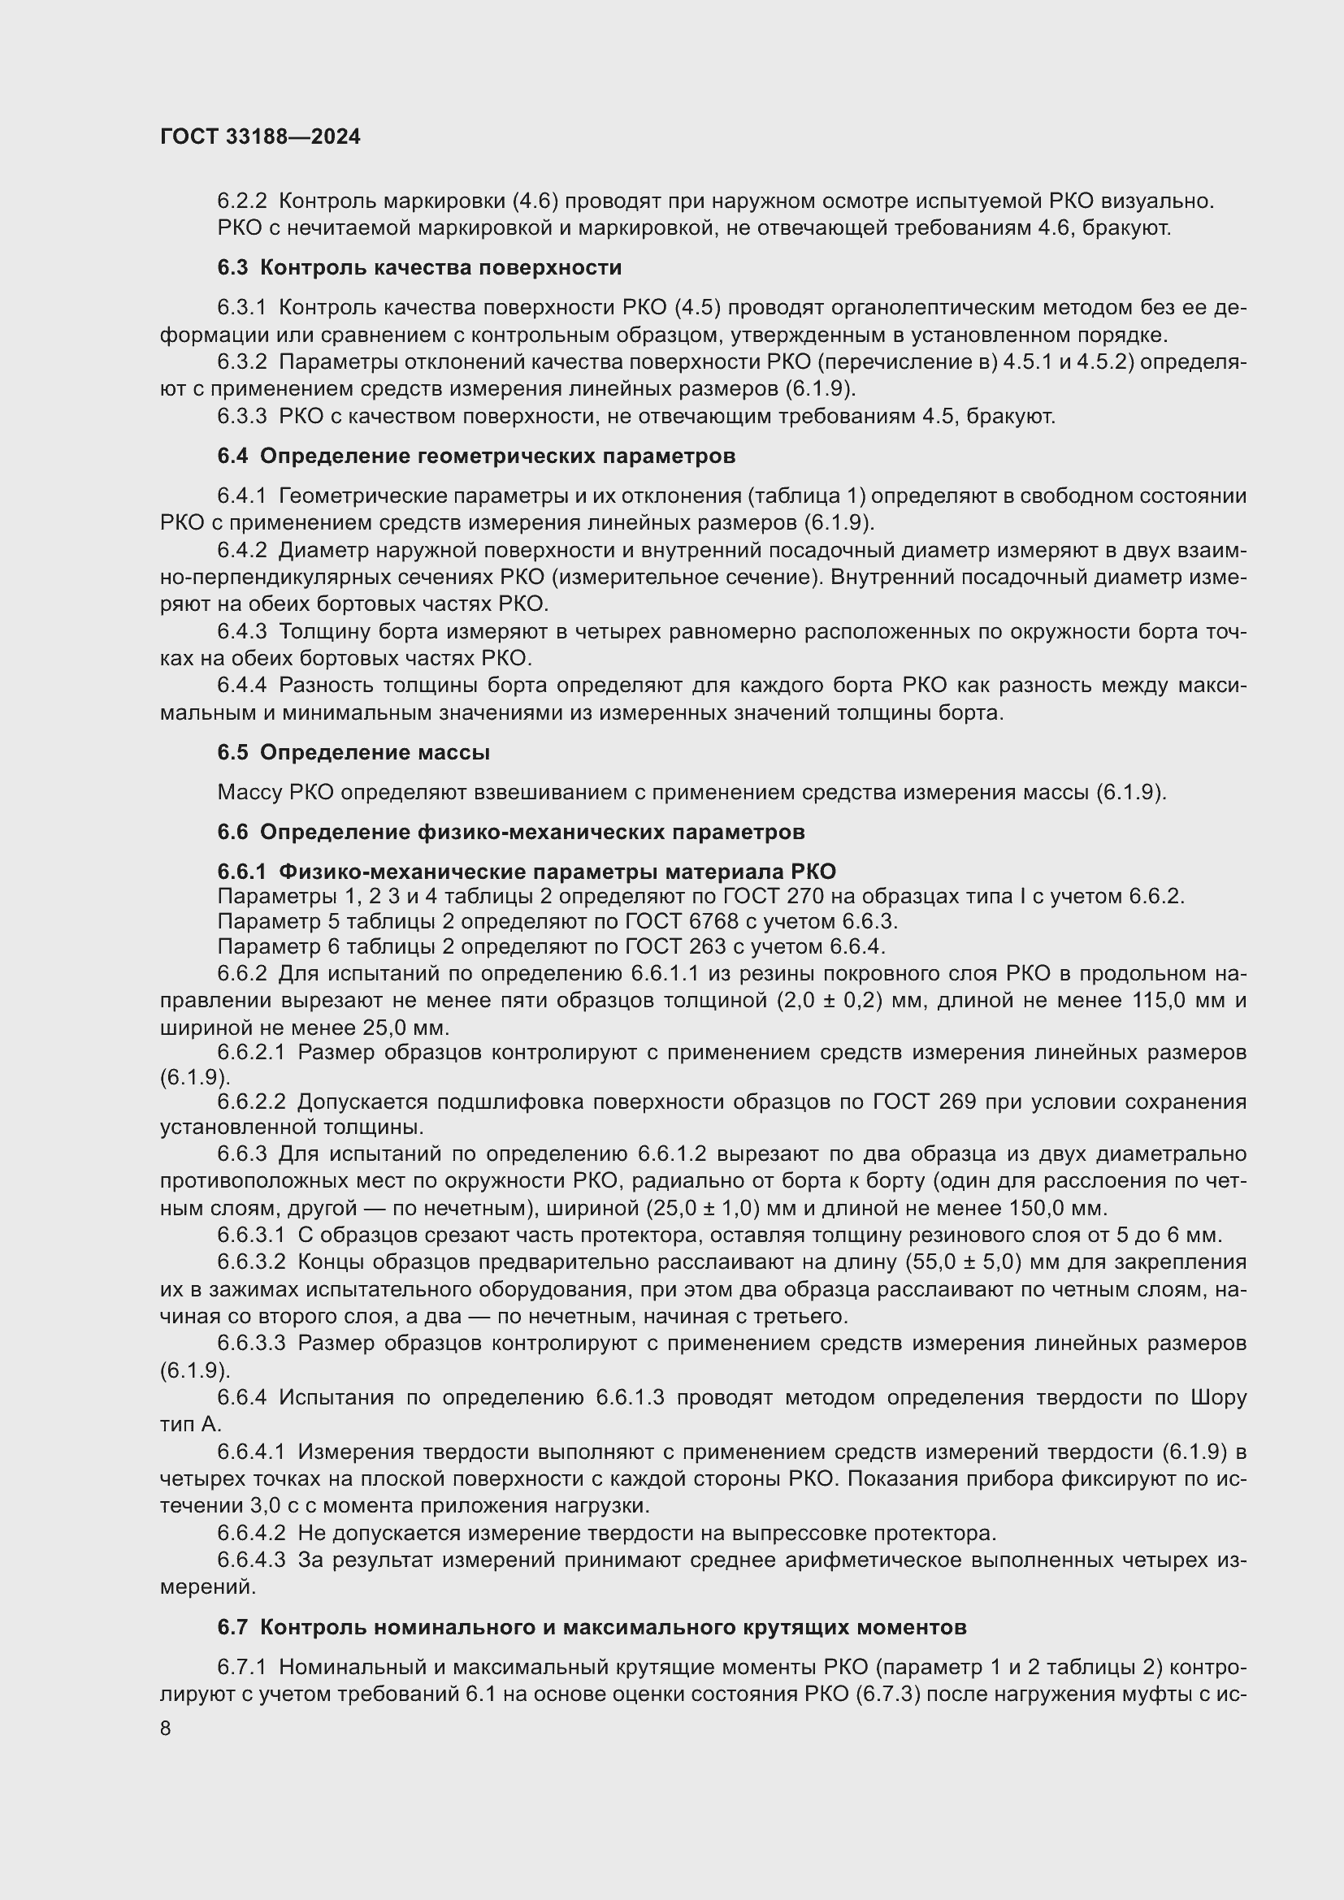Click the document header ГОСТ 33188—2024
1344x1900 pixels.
click(x=260, y=137)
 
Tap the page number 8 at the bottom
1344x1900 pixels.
click(x=166, y=1728)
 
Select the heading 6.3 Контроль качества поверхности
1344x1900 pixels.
click(x=418, y=267)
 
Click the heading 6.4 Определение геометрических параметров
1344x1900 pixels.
click(x=476, y=456)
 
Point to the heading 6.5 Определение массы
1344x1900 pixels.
click(x=353, y=752)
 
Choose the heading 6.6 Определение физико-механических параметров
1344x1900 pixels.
click(x=510, y=832)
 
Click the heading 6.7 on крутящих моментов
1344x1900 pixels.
click(x=592, y=1627)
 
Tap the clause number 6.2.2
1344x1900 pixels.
click(x=241, y=201)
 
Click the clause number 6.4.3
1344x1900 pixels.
click(x=241, y=631)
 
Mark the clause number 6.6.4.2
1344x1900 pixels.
click(x=251, y=1533)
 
